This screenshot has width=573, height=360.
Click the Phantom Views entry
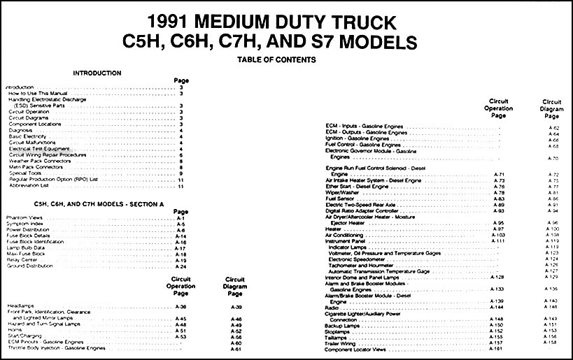26,218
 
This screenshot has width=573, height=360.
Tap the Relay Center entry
23,259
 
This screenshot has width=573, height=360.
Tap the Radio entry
333,306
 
